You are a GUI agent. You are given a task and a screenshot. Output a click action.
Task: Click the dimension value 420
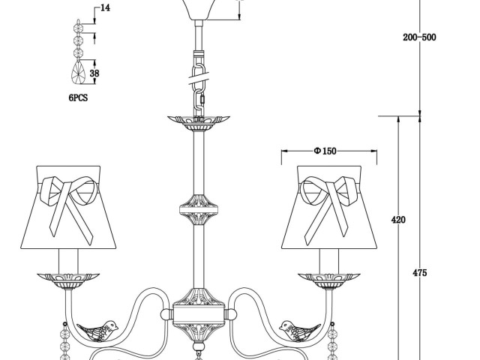398,220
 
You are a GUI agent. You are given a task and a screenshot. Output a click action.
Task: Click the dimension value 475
419,273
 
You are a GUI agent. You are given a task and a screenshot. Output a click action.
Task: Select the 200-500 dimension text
419,37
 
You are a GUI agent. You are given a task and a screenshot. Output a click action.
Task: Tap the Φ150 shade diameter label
325,151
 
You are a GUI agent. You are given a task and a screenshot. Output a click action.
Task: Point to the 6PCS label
78,98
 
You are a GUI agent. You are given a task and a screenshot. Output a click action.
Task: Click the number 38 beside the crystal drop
94,73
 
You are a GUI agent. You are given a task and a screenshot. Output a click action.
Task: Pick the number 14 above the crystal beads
105,8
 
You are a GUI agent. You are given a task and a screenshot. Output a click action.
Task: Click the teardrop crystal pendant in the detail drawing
79,72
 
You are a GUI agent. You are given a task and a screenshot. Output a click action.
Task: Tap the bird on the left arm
97,331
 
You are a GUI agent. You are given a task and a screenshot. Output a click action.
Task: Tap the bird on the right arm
300,331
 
